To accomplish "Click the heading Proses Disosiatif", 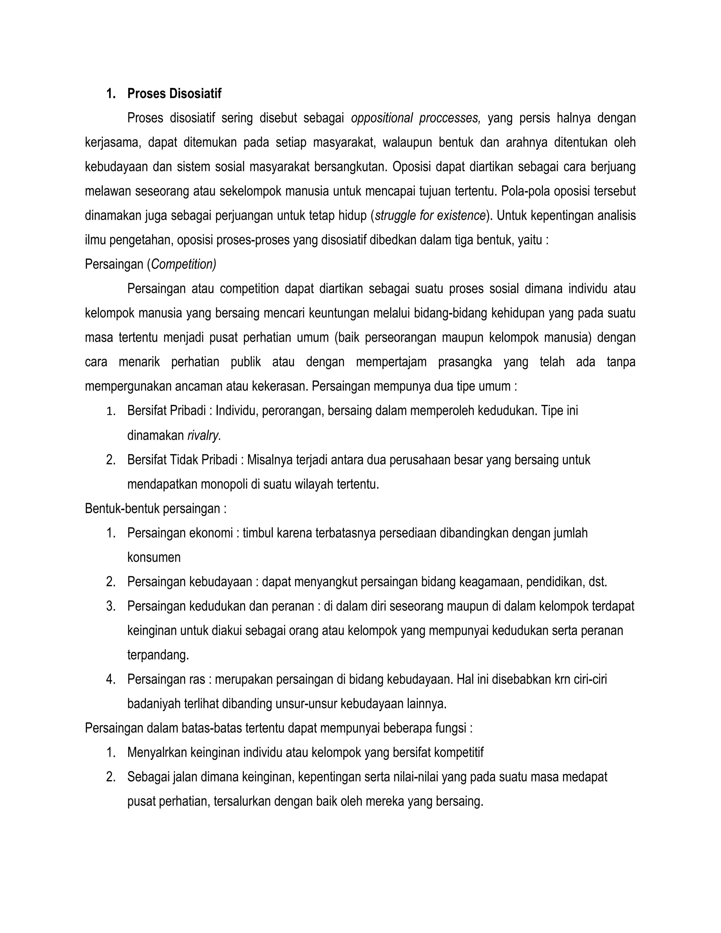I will click(x=174, y=94).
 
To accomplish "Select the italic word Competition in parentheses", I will click(x=183, y=264).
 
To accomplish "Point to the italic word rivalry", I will click(x=204, y=436).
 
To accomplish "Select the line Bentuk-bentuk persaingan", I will click(x=156, y=509).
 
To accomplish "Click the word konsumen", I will click(x=154, y=557).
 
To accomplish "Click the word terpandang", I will click(x=158, y=655).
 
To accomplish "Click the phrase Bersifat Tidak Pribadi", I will click(x=182, y=460).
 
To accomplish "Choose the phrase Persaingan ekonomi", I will click(x=180, y=533).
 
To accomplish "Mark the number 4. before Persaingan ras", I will click(x=111, y=680).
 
